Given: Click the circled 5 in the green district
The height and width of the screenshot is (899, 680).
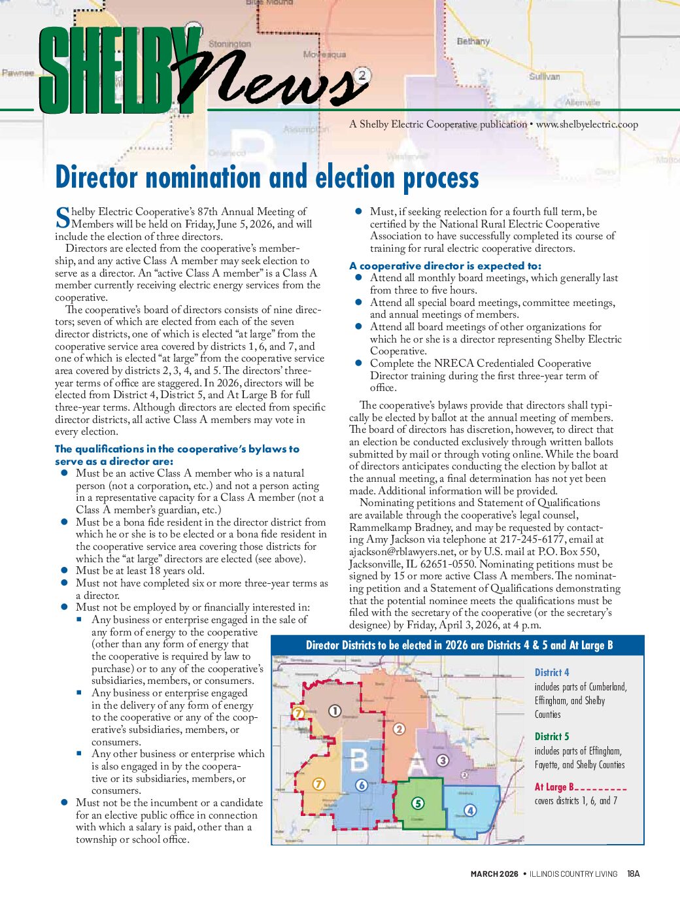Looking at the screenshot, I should pos(418,804).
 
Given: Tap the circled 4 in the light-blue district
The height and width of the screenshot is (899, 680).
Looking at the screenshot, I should pos(469,811).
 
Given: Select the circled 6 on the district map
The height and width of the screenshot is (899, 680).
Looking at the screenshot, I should pos(361,785).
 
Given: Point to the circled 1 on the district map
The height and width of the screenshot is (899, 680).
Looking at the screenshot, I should pos(334,711).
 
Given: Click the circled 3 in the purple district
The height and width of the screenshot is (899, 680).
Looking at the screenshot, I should pos(443,760).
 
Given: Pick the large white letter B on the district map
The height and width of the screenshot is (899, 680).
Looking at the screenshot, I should pos(359,761).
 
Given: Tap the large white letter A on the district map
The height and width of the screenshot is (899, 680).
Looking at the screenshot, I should pos(418,763).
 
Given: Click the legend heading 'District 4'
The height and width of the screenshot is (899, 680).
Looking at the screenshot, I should pos(552,672).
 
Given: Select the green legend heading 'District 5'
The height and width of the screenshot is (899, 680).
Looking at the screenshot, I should pos(552,736).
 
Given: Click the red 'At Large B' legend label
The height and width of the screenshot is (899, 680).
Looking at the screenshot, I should pos(554,787).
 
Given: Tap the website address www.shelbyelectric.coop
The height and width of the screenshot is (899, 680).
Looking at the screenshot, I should pos(586,124).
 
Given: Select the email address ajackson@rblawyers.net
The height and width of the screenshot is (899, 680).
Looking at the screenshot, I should pos(401,552).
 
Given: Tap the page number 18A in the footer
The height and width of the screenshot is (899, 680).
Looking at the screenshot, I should pos(633,874).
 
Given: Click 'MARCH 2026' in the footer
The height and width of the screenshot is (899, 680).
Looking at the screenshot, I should pos(494,874).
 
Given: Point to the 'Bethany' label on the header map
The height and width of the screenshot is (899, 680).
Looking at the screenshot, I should pos(473,41).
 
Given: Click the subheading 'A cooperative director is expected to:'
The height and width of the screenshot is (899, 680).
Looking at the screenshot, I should pos(445,265).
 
